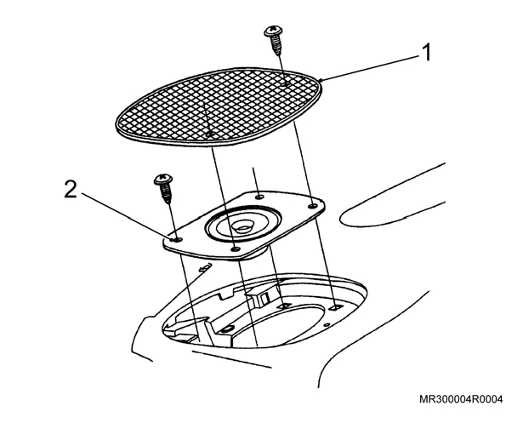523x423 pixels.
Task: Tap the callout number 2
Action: pos(71,191)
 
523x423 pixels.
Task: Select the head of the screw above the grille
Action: pos(274,31)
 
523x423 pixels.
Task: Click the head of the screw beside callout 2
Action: pos(163,180)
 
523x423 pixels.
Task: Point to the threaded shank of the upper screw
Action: pos(276,46)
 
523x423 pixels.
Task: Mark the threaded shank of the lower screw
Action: pos(166,194)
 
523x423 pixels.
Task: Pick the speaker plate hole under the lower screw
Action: pos(178,239)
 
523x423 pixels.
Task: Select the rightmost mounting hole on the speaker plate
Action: pos(313,206)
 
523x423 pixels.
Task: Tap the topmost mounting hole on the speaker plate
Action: pos(259,197)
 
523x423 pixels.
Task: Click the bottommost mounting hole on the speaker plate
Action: pos(236,249)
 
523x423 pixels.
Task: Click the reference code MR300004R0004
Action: pos(461,399)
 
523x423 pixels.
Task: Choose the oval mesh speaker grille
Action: pos(219,107)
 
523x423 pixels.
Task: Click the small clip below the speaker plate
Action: pos(205,267)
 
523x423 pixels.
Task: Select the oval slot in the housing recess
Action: pos(228,329)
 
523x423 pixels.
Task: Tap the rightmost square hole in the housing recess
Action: pos(334,307)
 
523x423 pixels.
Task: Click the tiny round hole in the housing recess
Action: pos(327,324)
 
